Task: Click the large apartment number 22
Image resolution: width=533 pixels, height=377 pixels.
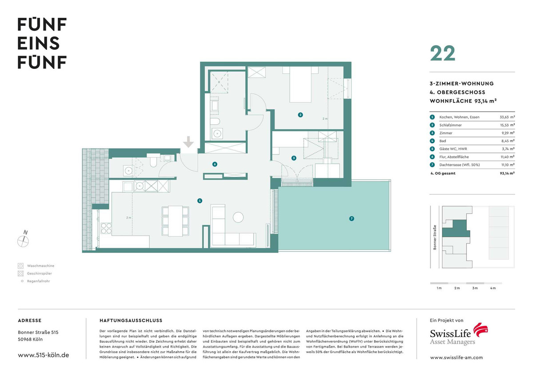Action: click(x=442, y=54)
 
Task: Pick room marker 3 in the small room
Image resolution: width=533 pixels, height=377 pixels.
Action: click(x=294, y=158)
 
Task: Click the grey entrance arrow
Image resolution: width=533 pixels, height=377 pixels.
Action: click(x=188, y=142)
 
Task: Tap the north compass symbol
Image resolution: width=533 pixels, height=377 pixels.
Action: click(x=23, y=239)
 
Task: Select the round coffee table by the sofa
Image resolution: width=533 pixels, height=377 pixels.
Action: click(x=238, y=217)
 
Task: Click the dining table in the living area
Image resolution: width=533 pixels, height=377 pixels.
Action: click(x=175, y=221)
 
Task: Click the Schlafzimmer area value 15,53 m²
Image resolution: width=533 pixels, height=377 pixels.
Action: click(x=508, y=125)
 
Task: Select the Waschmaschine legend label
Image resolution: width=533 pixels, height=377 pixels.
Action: click(x=41, y=266)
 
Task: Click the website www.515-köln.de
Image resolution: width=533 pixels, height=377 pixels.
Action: click(x=44, y=355)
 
